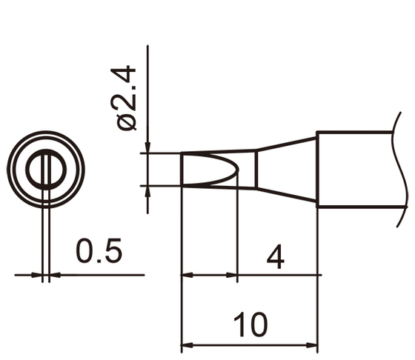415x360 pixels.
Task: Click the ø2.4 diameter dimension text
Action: click(x=127, y=99)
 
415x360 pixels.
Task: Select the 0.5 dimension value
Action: click(x=99, y=253)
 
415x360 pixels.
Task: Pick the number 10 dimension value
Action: click(x=250, y=325)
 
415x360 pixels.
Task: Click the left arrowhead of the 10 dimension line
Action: click(x=187, y=344)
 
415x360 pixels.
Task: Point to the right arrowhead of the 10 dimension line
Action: click(x=312, y=344)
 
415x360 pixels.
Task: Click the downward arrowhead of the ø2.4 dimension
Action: click(x=148, y=147)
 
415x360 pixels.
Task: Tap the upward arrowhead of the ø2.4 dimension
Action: click(x=148, y=191)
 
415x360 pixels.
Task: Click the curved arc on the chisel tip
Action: click(x=235, y=169)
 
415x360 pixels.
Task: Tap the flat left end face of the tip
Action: click(x=182, y=169)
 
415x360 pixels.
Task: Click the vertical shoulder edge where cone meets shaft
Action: click(x=318, y=169)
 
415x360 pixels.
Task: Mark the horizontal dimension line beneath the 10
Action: click(x=250, y=344)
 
